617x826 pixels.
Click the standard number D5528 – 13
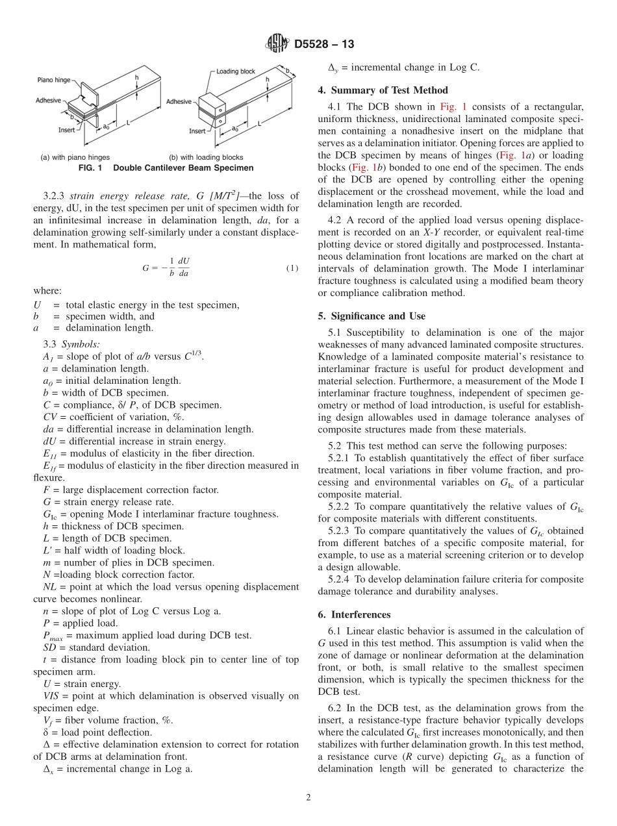point(324,45)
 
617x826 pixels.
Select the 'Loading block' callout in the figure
point(235,71)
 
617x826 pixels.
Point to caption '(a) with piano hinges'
point(75,157)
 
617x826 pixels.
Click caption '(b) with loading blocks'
point(206,157)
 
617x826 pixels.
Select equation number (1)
point(292,268)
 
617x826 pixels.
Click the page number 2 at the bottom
point(308,798)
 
